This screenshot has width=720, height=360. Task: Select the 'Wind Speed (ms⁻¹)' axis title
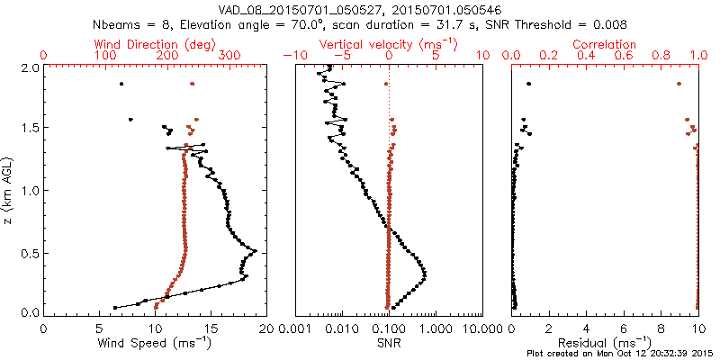155,342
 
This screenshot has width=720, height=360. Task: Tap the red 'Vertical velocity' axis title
389,44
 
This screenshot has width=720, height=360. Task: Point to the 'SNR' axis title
389,342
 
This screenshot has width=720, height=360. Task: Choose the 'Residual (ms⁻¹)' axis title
605,342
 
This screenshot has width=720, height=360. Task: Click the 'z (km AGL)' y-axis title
9,189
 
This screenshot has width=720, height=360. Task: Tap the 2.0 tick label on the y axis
30,67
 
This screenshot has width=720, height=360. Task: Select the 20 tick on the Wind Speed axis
265,328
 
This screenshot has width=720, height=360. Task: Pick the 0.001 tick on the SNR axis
294,328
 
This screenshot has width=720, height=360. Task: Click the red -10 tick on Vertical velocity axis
293,56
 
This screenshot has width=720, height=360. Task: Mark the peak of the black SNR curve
424,274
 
